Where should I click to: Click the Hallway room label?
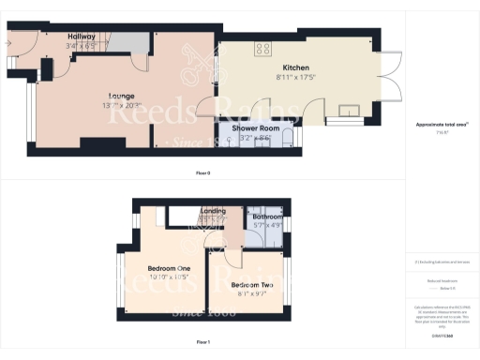[x=81, y=37]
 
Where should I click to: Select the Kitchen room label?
[x=296, y=68]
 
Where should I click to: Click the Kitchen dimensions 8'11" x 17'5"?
[x=296, y=78]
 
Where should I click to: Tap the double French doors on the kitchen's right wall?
[x=388, y=79]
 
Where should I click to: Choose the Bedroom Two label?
[x=252, y=284]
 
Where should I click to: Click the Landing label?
[x=214, y=212]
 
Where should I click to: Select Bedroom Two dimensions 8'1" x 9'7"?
[x=251, y=293]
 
